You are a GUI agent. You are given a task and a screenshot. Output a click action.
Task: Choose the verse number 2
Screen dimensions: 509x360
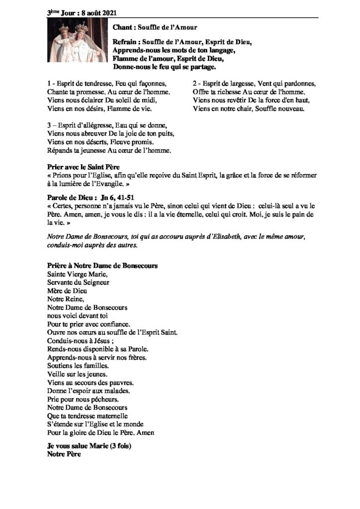click(x=194, y=83)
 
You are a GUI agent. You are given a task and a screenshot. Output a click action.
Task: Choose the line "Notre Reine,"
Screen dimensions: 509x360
click(x=66, y=299)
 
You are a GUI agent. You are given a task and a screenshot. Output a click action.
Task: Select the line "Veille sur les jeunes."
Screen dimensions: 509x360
click(x=77, y=373)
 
